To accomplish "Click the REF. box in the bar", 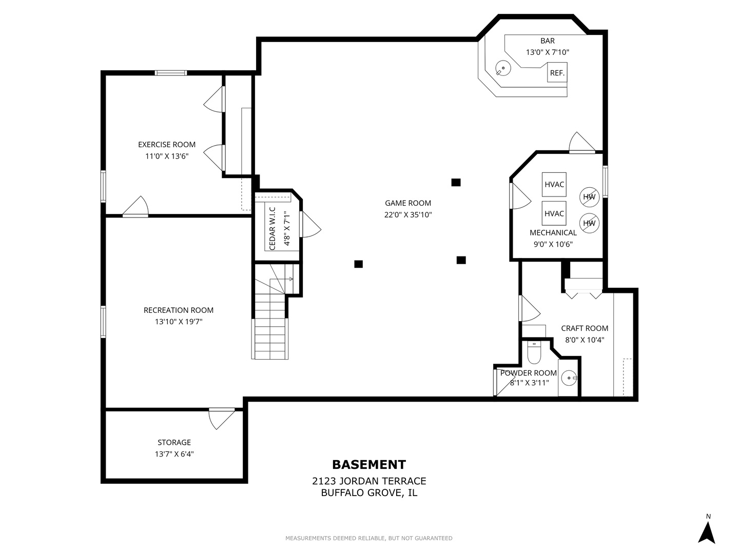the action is (557, 72).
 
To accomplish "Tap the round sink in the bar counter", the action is (503, 68).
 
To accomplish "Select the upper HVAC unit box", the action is (554, 184).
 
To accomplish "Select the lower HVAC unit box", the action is (554, 213).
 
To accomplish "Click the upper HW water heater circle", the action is (589, 197).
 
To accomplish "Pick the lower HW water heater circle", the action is (589, 223).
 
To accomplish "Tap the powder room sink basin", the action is (569, 378).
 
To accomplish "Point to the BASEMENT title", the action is (369, 465).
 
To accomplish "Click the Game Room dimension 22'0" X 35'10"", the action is (408, 214).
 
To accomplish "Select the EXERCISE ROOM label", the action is (167, 145).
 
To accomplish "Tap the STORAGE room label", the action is (174, 442).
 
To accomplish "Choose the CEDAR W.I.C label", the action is (273, 228).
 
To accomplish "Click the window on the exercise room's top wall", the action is (171, 73).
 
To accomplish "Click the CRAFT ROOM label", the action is (585, 328).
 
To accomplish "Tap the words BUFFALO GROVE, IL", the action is (369, 493).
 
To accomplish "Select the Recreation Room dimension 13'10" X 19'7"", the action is (179, 322).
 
